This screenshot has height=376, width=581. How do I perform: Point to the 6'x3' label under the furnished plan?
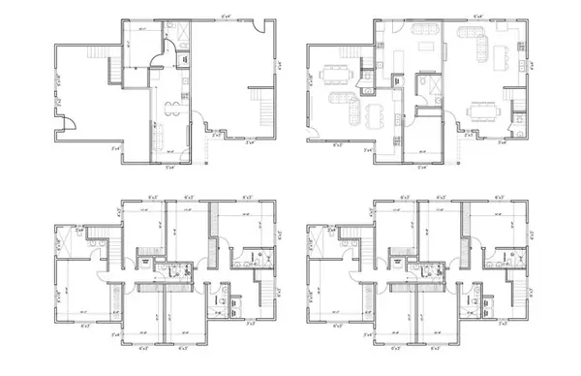coord(338,145)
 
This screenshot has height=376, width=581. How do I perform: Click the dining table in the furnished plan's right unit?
coord(480,110)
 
